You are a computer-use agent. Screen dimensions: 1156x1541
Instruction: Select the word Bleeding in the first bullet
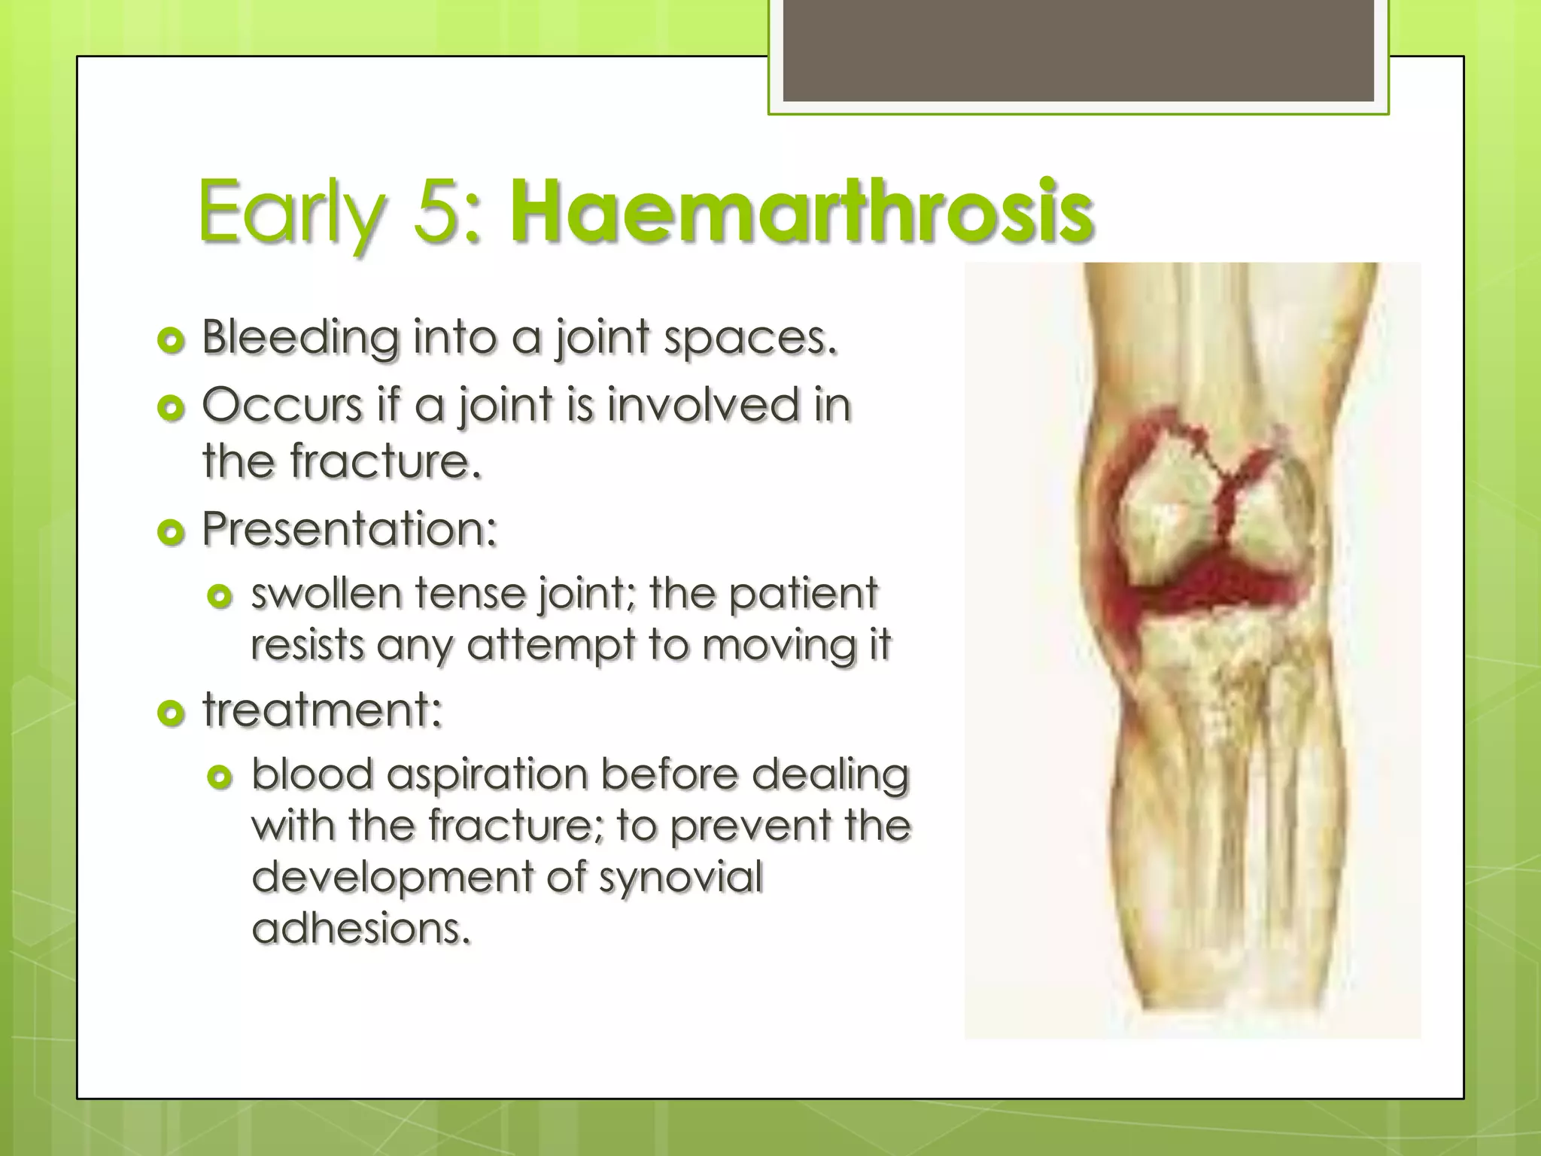(x=299, y=338)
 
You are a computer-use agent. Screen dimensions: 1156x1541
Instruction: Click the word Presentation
(x=349, y=529)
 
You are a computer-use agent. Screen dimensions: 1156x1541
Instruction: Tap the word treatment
(x=322, y=710)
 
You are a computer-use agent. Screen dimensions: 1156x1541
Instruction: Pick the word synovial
(x=681, y=877)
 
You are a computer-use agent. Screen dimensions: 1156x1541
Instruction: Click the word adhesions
(x=361, y=928)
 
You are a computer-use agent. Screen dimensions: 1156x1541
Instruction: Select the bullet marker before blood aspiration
(x=220, y=777)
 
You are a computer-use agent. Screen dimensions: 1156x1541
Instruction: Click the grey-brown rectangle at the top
(x=1078, y=50)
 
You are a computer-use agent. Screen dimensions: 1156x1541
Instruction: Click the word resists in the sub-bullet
(x=306, y=646)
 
